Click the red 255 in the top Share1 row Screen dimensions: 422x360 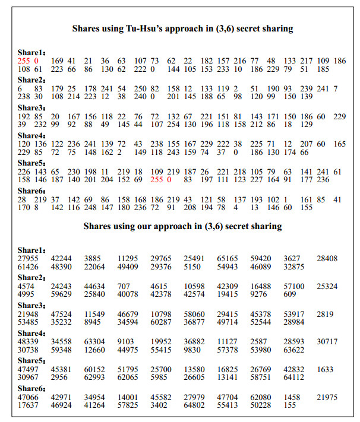(x=23, y=61)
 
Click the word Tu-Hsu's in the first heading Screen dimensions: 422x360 (x=138, y=28)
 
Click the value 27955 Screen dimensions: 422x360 (x=28, y=259)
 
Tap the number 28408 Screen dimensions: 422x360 (x=327, y=259)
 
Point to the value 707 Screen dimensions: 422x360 (x=124, y=286)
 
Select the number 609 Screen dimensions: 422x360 (x=290, y=294)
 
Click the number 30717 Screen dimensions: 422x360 (x=327, y=341)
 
